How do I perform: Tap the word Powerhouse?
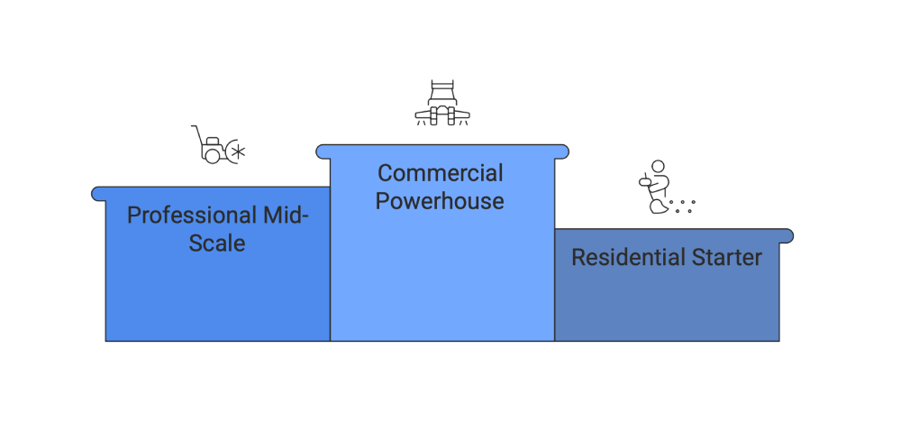[x=440, y=200]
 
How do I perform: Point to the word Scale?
[x=216, y=243]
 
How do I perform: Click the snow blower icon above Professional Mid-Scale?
[x=217, y=146]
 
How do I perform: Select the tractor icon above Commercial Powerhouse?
[x=441, y=104]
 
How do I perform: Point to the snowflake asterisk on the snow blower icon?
[x=238, y=152]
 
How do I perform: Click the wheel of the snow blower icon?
[x=212, y=156]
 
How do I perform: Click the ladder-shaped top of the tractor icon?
[x=441, y=89]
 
